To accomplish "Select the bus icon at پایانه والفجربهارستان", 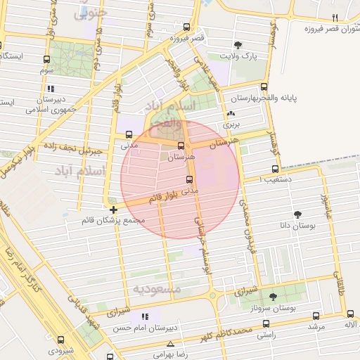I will pos(264,87).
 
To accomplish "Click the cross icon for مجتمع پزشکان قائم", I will pos(113,210).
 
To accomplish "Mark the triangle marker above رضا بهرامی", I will pos(171,344).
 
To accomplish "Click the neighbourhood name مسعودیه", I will pos(157,289).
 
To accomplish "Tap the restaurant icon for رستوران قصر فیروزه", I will pos(335,18).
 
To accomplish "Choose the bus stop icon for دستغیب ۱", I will pos(275,169).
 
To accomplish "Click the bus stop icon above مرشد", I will pos(315,316).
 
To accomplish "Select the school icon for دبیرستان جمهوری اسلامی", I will pos(50,89).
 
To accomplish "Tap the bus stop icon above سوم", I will pos(46,60).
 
